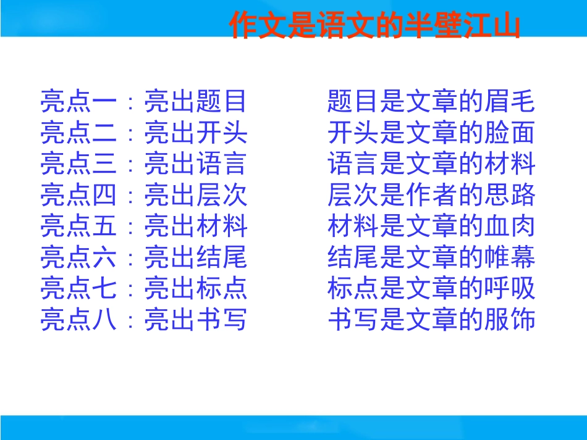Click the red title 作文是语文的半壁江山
[374, 25]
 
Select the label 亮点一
[78, 101]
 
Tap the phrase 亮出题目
[195, 101]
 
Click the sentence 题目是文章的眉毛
[431, 101]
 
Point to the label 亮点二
[78, 132]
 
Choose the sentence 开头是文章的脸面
[431, 132]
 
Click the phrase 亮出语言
[195, 164]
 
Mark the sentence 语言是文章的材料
[431, 164]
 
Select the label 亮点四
[78, 195]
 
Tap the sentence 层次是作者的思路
[431, 195]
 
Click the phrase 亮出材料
[195, 226]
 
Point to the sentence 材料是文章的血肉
[431, 226]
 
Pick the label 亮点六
[78, 257]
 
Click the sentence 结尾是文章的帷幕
[431, 257]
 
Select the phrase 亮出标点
[195, 288]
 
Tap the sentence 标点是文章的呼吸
[431, 288]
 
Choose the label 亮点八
[78, 320]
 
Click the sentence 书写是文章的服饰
[431, 320]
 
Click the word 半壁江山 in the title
[462, 25]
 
